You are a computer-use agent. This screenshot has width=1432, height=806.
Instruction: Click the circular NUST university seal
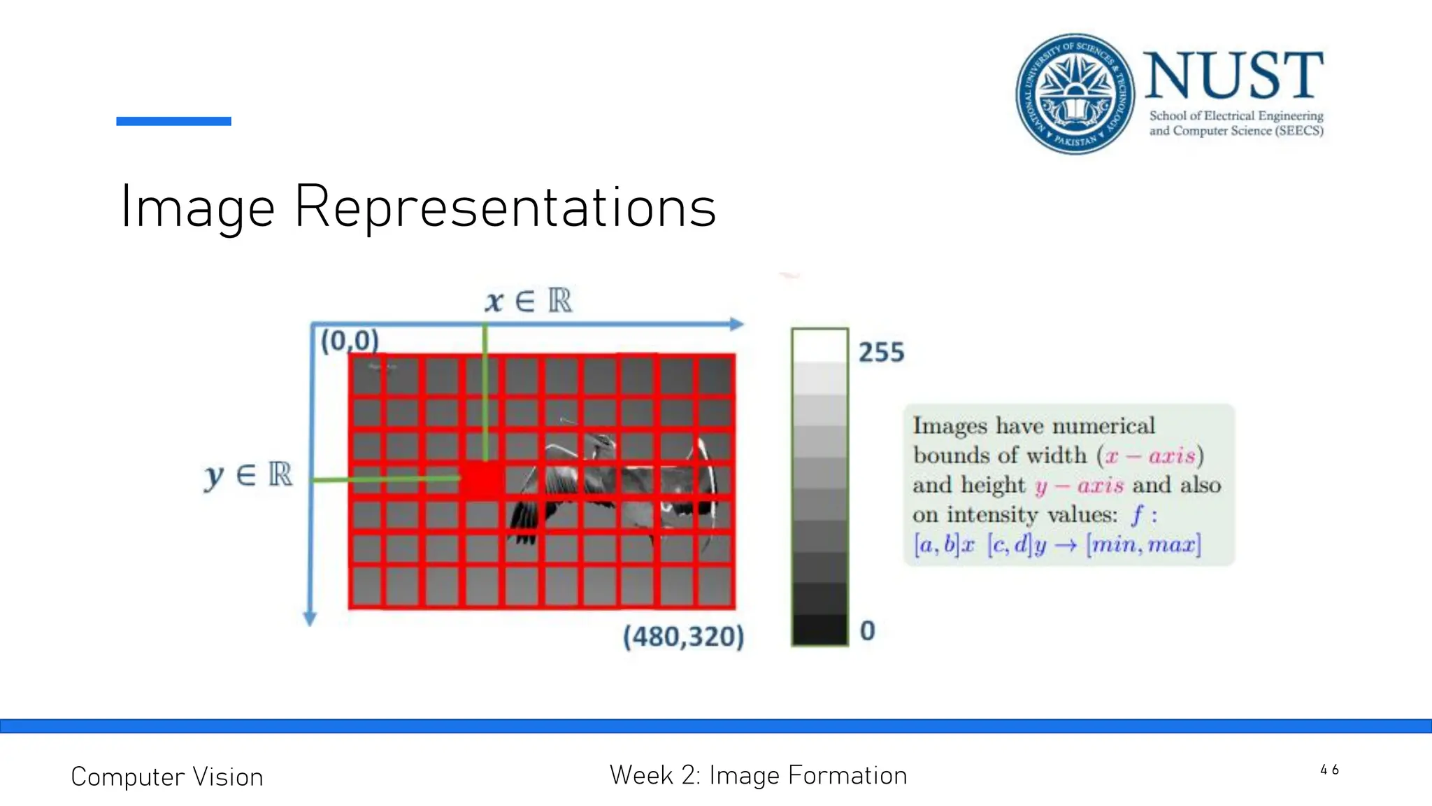tap(1075, 94)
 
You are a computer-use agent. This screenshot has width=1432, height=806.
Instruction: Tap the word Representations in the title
tap(505, 207)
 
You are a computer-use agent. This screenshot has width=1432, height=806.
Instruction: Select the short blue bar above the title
tap(173, 121)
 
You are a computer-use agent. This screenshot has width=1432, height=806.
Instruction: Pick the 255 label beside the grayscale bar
tap(881, 352)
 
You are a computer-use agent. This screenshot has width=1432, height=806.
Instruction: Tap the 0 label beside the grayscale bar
tap(867, 630)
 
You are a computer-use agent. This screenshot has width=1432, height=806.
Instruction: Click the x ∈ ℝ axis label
tap(529, 301)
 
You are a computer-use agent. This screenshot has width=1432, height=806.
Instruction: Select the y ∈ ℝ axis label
tap(248, 475)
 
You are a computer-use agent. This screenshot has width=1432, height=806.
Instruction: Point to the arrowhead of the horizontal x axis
tap(736, 324)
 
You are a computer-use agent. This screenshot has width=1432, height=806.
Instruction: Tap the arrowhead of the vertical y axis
tap(310, 618)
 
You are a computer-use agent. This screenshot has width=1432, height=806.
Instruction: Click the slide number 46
tap(1329, 770)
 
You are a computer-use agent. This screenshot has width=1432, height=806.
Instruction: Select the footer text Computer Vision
tap(167, 777)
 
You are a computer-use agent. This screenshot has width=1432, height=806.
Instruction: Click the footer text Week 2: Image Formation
tap(758, 775)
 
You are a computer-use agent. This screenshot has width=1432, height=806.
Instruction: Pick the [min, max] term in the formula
tap(1143, 544)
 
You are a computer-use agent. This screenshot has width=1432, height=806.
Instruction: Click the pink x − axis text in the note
tap(1150, 455)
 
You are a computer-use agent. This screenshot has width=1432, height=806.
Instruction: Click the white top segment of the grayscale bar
tap(819, 345)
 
